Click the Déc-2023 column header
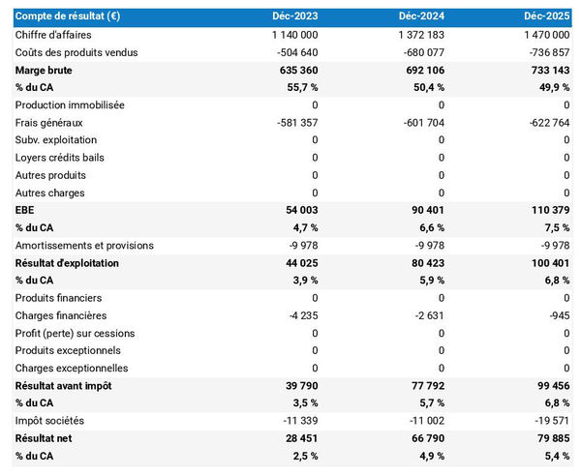tap(295, 16)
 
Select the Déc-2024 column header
tap(422, 16)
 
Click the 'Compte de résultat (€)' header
tap(67, 16)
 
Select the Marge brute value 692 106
tap(419, 71)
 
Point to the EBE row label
tap(25, 210)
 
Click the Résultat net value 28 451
tap(297, 438)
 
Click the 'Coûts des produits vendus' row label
tap(76, 52)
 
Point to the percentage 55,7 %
tap(297, 88)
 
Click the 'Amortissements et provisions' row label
tap(84, 246)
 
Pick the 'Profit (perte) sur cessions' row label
tap(76, 333)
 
